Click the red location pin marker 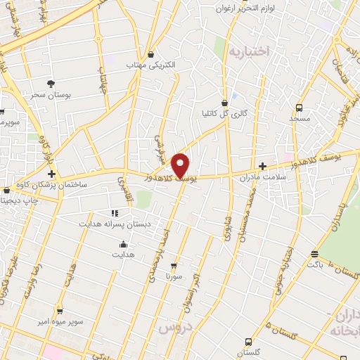[x=181, y=165]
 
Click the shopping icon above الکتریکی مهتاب [x=150, y=54]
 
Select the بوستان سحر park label [x=48, y=94]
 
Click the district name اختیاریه [x=264, y=51]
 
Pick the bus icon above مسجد [x=300, y=108]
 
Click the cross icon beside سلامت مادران [x=263, y=167]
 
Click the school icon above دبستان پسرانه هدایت [x=114, y=212]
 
